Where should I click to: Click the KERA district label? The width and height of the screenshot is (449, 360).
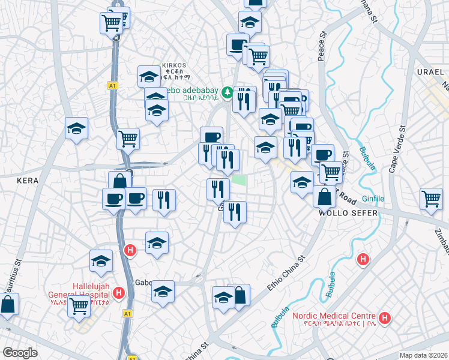coord(28,180)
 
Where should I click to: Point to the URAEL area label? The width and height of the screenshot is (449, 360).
coord(429,72)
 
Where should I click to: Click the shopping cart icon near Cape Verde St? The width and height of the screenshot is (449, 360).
coord(431,199)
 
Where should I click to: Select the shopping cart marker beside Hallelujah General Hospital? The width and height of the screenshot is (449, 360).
coord(79,306)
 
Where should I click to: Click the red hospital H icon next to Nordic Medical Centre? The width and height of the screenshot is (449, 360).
coord(385,317)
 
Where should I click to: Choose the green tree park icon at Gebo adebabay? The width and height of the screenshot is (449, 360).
coord(227,92)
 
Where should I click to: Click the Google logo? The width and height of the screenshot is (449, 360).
coord(20,353)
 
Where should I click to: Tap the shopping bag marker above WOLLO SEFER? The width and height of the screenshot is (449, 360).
coord(324,197)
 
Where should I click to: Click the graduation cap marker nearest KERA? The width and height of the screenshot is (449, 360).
coord(76,128)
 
